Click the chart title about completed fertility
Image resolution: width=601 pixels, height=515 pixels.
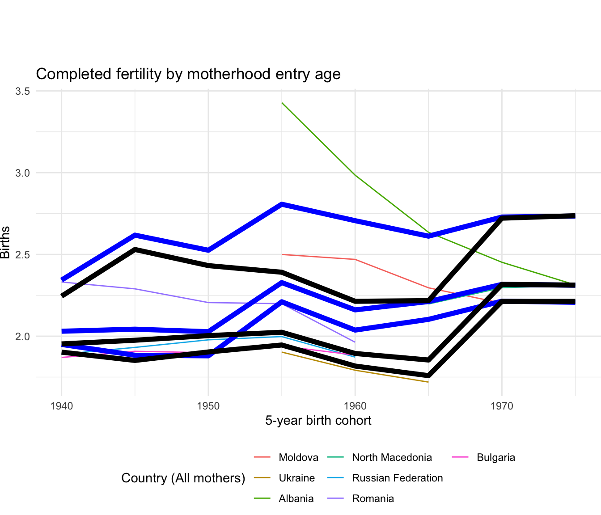point(188,74)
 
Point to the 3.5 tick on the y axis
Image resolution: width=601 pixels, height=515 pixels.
point(22,91)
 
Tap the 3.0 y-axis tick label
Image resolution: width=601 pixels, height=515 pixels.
point(22,173)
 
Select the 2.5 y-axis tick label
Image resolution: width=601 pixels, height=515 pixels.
point(22,255)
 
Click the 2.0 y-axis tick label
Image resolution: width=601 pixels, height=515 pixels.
point(22,337)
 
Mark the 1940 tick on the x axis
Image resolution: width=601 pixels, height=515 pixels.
point(61,406)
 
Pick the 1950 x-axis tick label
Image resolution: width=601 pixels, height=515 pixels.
point(208,406)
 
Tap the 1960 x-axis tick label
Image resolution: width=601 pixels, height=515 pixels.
point(355,406)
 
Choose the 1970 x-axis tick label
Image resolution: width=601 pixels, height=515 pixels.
point(502,406)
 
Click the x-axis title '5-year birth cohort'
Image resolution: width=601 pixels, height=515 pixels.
point(318,421)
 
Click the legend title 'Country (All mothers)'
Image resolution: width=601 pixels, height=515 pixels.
point(183,478)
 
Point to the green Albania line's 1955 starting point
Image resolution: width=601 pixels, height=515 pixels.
point(282,103)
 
